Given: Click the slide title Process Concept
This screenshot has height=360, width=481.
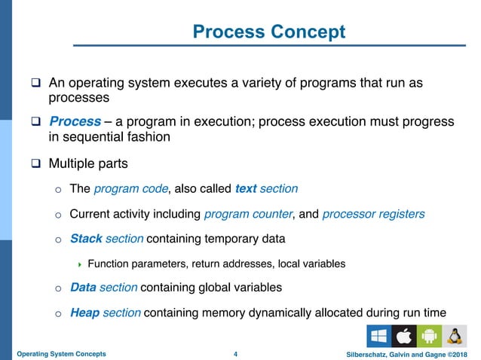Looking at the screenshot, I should [268, 32].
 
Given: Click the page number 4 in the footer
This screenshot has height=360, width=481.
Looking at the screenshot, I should [236, 353].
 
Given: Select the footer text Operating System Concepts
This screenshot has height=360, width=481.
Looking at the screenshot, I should [62, 353].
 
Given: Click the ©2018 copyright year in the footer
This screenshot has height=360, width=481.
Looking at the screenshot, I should [454, 353].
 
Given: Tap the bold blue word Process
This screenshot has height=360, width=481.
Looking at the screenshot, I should [75, 121].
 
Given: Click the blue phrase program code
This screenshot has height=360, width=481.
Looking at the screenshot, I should [123, 188].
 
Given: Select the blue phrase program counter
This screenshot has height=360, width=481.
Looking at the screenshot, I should [248, 214].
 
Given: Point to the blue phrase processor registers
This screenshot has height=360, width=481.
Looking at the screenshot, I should [373, 214].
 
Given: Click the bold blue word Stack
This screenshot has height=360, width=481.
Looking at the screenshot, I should [86, 239].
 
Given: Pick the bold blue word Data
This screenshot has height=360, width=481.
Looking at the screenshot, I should [83, 287].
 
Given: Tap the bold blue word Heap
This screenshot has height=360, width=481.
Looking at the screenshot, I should [84, 313].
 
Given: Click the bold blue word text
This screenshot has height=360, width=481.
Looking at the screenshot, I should [248, 188].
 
